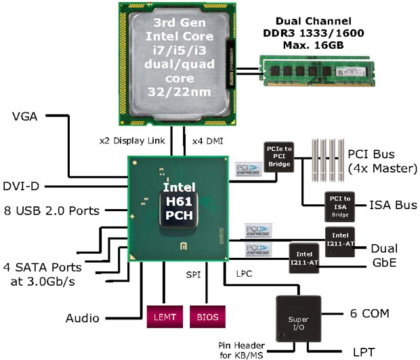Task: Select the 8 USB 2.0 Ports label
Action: click(x=50, y=210)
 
